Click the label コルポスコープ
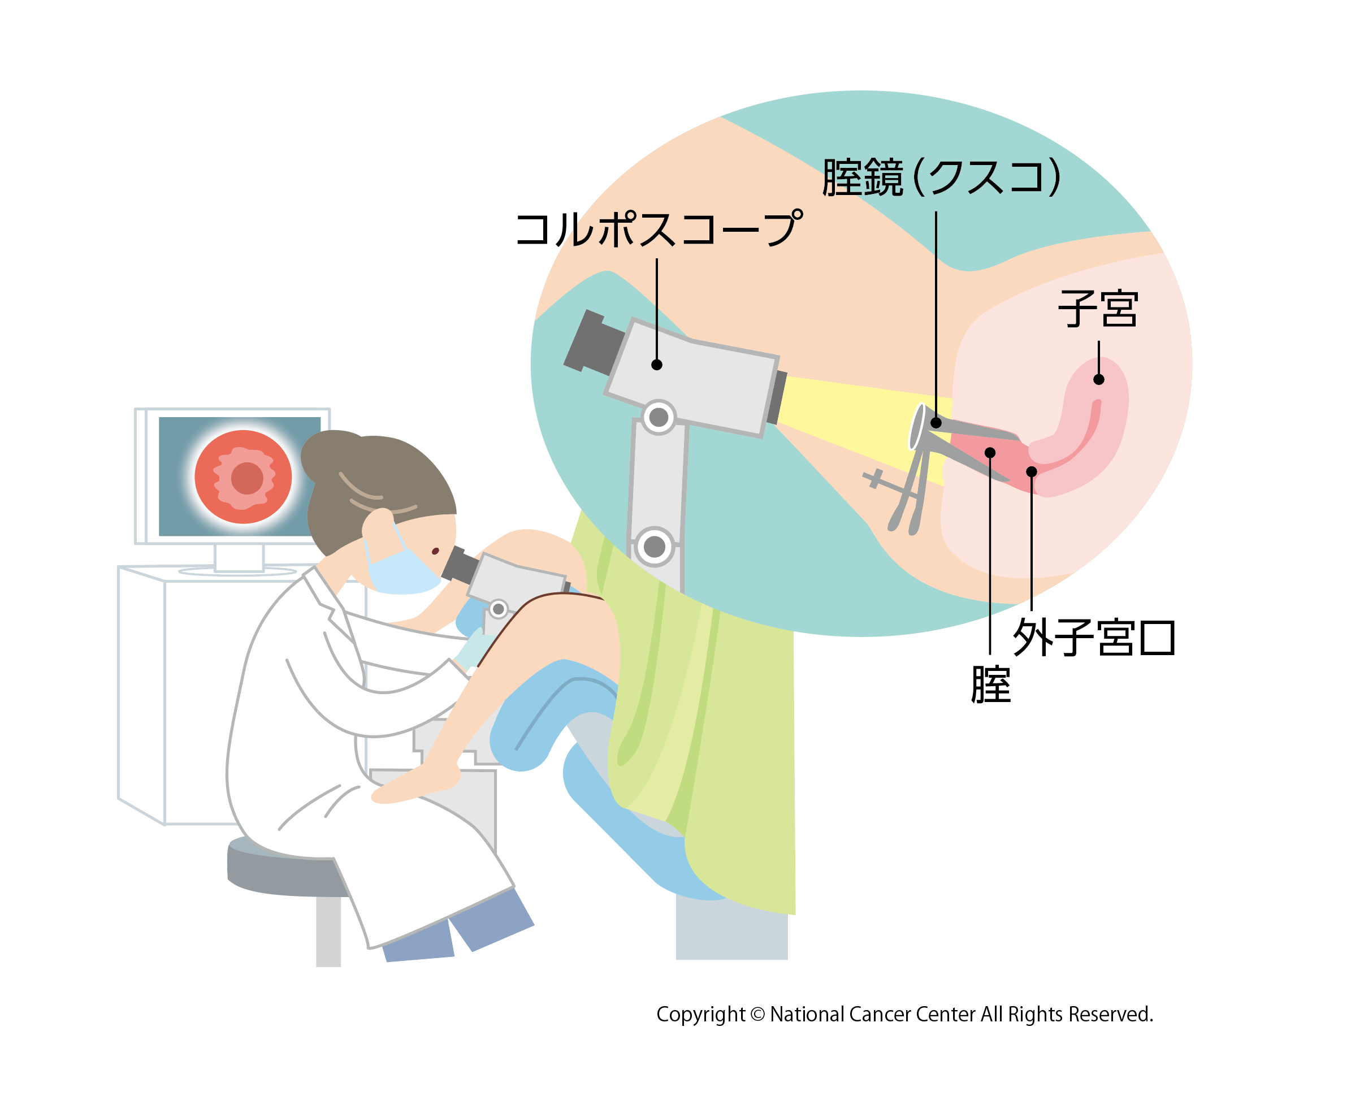point(658,229)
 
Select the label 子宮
point(1098,309)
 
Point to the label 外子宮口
point(1094,637)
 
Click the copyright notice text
point(904,1014)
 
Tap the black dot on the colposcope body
point(657,365)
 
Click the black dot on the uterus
point(1099,379)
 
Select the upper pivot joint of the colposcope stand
point(659,417)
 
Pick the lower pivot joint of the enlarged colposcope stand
point(654,546)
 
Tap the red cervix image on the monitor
point(244,476)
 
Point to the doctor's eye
point(435,551)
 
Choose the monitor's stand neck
point(239,557)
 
